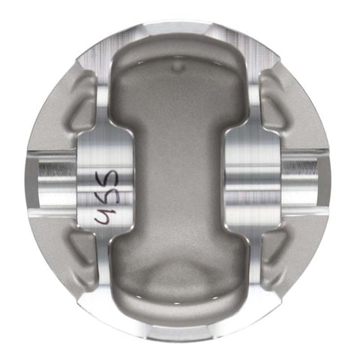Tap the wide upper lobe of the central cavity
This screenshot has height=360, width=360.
click(178, 86)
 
